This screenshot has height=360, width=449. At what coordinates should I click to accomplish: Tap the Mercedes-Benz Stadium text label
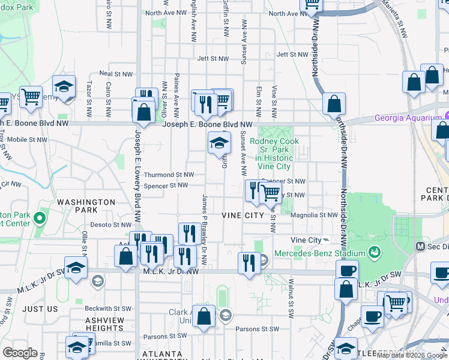click(321, 253)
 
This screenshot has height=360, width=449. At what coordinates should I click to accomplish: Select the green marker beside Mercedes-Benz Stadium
click(375, 251)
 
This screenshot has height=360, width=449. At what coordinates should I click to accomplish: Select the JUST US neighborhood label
click(40, 308)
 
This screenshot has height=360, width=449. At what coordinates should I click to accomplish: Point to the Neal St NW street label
click(115, 73)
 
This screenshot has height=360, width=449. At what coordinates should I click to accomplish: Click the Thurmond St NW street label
click(169, 175)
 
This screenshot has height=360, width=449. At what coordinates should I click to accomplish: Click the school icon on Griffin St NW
click(219, 143)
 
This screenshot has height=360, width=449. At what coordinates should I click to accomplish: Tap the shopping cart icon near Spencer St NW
click(270, 192)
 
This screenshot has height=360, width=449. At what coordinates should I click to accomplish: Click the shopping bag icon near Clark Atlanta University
click(203, 317)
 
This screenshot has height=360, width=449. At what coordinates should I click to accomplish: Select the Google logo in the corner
click(20, 353)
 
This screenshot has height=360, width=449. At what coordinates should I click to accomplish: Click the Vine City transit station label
click(306, 240)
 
